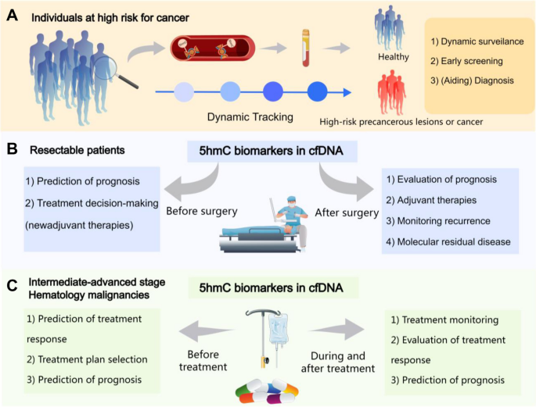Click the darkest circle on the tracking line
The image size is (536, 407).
tap(316, 92)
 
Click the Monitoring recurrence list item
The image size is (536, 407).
tap(443, 221)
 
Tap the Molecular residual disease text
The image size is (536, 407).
tap(453, 242)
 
